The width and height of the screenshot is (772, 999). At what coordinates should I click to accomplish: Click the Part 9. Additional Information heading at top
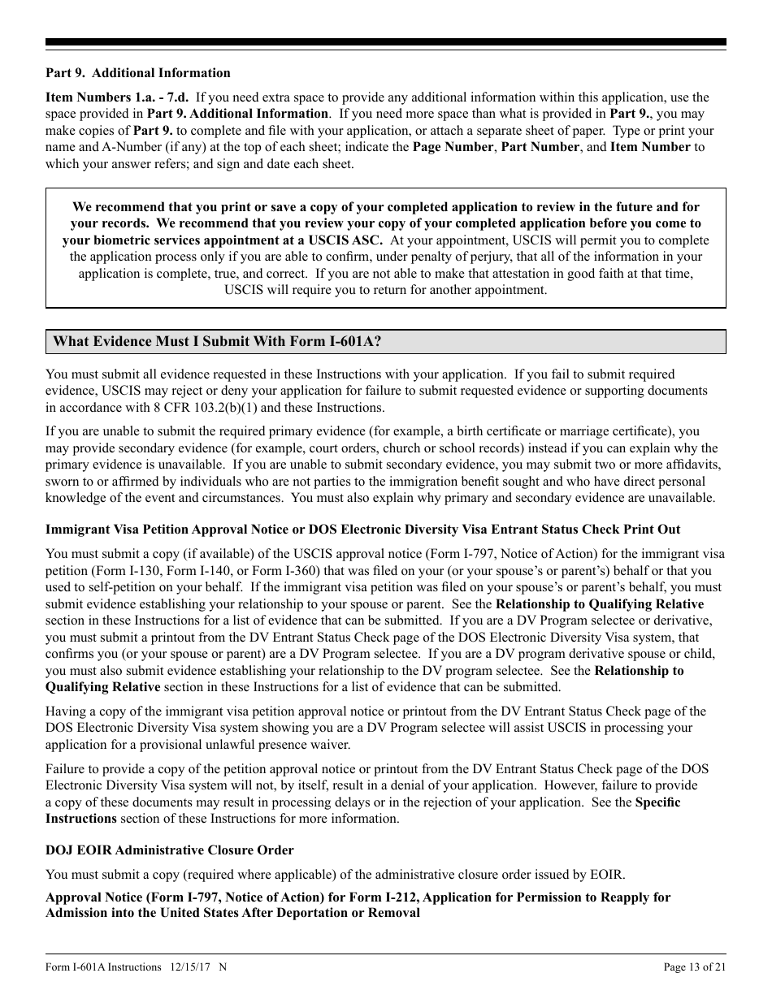[137, 73]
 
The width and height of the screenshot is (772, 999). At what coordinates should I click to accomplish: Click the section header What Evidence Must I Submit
[217, 342]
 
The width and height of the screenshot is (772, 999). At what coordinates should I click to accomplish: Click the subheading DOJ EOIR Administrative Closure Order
[169, 850]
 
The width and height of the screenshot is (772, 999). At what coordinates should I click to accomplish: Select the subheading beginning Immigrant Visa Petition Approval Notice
[362, 530]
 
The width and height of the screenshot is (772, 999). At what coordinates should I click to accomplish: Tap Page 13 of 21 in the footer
[694, 967]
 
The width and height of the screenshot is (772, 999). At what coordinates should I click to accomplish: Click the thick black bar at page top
[386, 42]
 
